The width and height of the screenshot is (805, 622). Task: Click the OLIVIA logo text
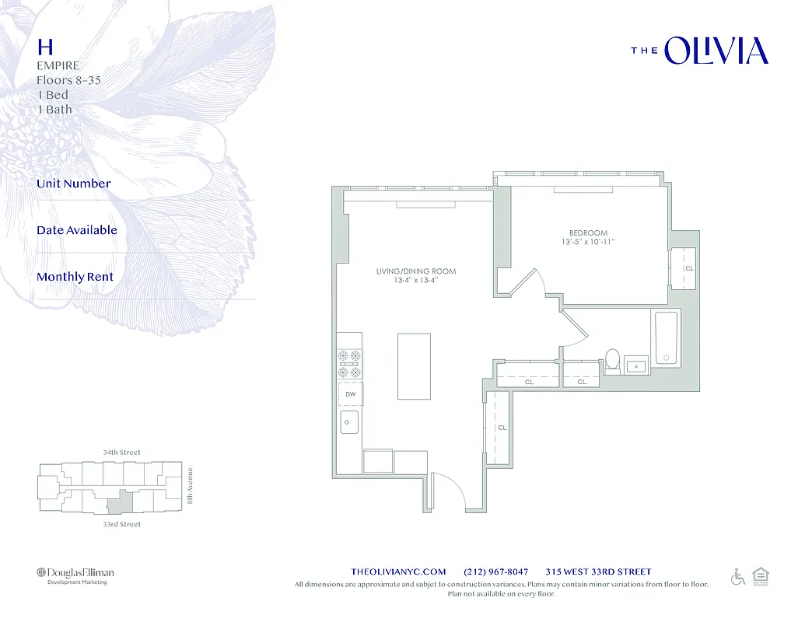(x=716, y=51)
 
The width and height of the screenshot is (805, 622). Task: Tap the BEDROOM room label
(x=588, y=233)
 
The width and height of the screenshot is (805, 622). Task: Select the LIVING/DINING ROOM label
(x=416, y=271)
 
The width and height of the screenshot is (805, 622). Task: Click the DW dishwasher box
(x=351, y=395)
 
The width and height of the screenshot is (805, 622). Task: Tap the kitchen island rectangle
(x=414, y=365)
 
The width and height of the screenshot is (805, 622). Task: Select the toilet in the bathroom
(x=613, y=362)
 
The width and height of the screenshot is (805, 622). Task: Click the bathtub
(x=667, y=338)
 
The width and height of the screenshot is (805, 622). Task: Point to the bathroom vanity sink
(x=636, y=365)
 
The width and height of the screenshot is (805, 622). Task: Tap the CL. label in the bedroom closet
(x=689, y=268)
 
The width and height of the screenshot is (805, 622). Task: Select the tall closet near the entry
(x=498, y=428)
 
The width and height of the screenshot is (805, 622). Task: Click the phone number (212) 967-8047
(x=495, y=571)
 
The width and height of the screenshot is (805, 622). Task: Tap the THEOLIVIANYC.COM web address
(x=398, y=571)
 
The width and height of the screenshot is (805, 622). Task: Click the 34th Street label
(x=121, y=452)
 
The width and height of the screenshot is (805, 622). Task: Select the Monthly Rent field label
(x=75, y=277)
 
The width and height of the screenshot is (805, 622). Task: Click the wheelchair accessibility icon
(x=737, y=577)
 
